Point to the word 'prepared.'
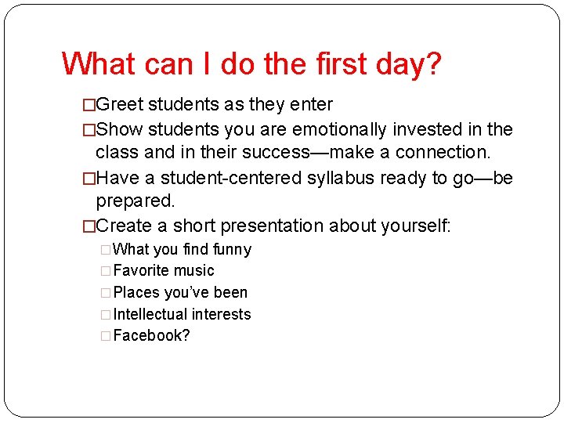[x=135, y=201]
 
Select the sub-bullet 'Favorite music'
[x=163, y=271]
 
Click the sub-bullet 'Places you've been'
[x=180, y=293]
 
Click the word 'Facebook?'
[x=152, y=336]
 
